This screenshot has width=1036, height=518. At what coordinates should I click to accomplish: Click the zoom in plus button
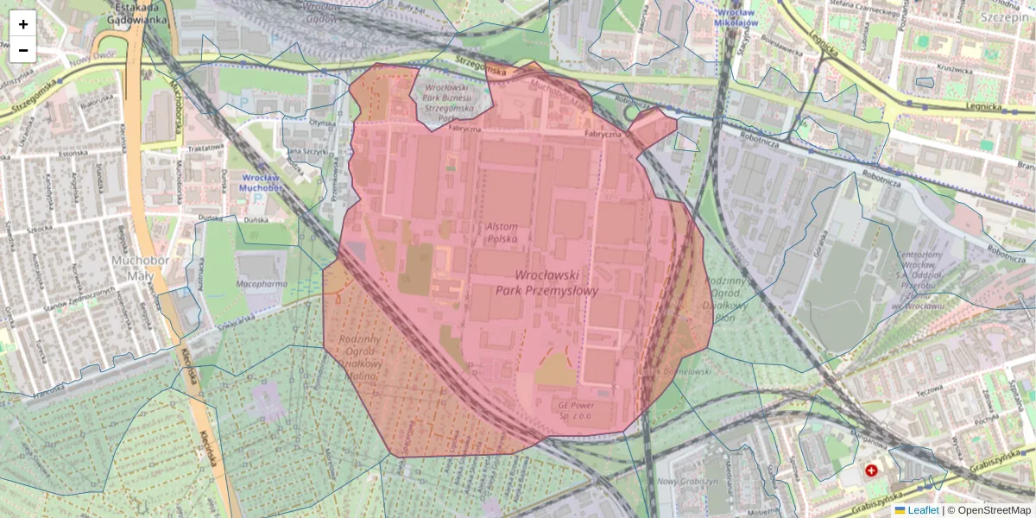click(x=23, y=24)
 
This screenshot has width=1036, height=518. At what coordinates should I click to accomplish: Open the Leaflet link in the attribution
click(x=922, y=510)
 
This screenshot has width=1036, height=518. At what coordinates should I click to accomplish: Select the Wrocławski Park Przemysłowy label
click(x=546, y=282)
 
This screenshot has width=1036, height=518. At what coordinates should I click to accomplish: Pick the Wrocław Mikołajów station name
click(x=736, y=17)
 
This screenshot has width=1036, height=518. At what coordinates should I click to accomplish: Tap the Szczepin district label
click(x=1005, y=16)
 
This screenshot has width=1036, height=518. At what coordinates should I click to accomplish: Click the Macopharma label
click(x=262, y=282)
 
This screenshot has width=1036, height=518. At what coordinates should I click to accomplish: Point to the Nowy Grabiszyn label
click(x=688, y=481)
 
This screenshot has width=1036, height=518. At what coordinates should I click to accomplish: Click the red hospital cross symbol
click(x=871, y=471)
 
